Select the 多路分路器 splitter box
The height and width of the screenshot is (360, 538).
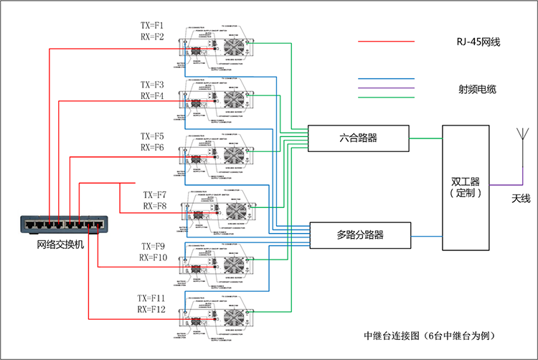(x=359, y=235)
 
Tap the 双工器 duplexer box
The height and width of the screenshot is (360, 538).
(x=464, y=187)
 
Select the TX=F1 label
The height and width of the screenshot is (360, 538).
(x=152, y=24)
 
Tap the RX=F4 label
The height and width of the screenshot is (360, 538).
(x=152, y=95)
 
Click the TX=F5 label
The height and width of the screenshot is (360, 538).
(x=152, y=136)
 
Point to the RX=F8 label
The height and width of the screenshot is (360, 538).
(x=154, y=207)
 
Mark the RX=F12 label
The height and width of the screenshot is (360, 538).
(x=152, y=309)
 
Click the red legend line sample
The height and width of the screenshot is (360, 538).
(x=386, y=42)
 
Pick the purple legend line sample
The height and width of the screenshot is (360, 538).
(x=386, y=87)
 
